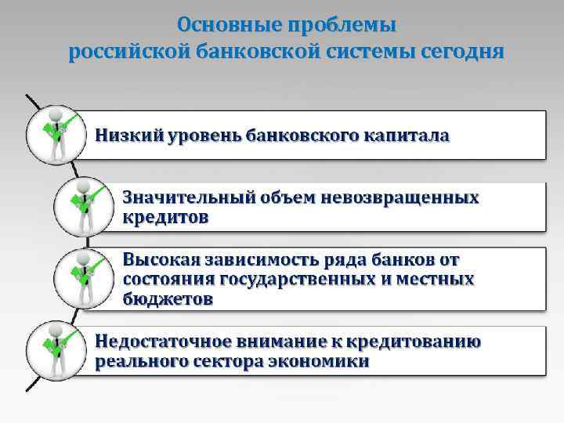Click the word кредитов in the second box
(165, 217)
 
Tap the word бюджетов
(167, 298)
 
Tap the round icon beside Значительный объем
(82, 206)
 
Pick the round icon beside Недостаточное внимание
(54, 351)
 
